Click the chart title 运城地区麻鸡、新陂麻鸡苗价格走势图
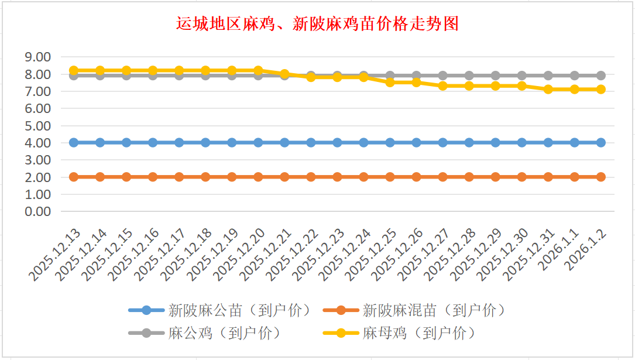pos(317,24)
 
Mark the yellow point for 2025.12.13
pos(74,70)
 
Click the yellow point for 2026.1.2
pos(600,89)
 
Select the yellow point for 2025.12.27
pos(442,85)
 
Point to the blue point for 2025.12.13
pos(74,142)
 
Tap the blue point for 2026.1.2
pos(600,142)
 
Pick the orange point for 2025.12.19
pos(232,177)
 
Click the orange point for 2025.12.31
pos(548,177)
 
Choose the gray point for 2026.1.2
pos(600,76)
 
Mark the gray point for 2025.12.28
pos(469,76)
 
